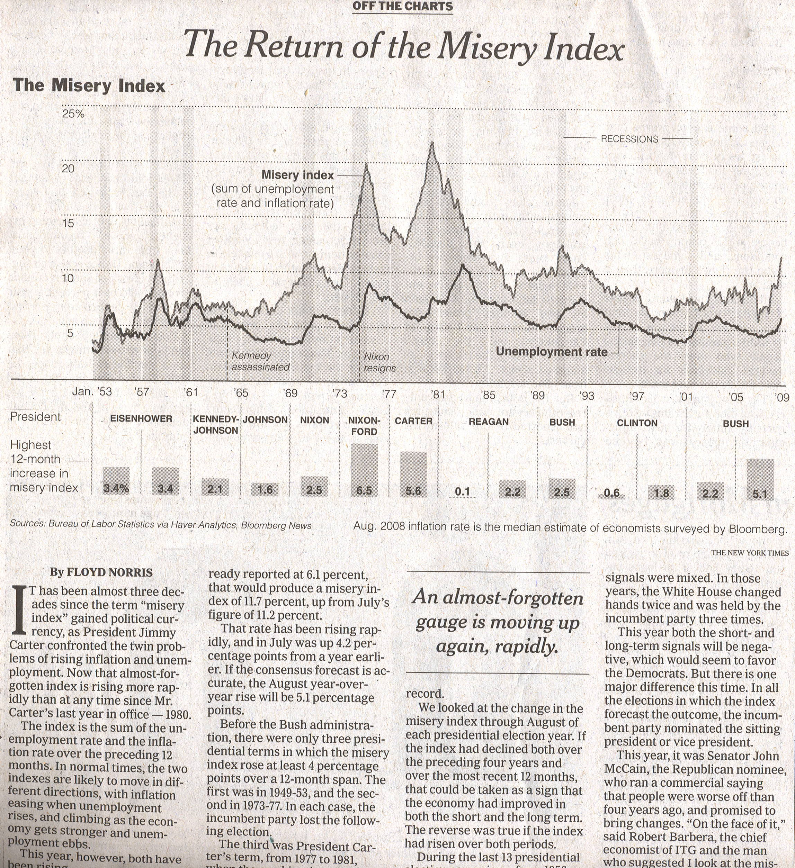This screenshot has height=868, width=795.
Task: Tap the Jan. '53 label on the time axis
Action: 92,391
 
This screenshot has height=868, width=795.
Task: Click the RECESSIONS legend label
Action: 629,139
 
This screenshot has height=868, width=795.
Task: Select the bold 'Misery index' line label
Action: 297,175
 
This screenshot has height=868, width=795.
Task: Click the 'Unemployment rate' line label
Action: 551,352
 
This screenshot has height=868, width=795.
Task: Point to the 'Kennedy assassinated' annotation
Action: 260,361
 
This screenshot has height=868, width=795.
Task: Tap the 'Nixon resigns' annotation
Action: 379,362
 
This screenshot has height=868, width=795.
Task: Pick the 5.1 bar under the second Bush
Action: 760,478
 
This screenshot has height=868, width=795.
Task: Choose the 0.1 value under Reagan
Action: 462,491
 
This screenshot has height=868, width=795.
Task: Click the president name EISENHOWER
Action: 141,418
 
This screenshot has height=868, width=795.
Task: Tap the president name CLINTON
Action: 637,423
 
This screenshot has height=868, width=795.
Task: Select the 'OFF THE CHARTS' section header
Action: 403,7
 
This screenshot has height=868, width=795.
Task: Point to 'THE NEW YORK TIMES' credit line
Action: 750,553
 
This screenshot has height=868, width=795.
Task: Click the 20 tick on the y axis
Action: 68,168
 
